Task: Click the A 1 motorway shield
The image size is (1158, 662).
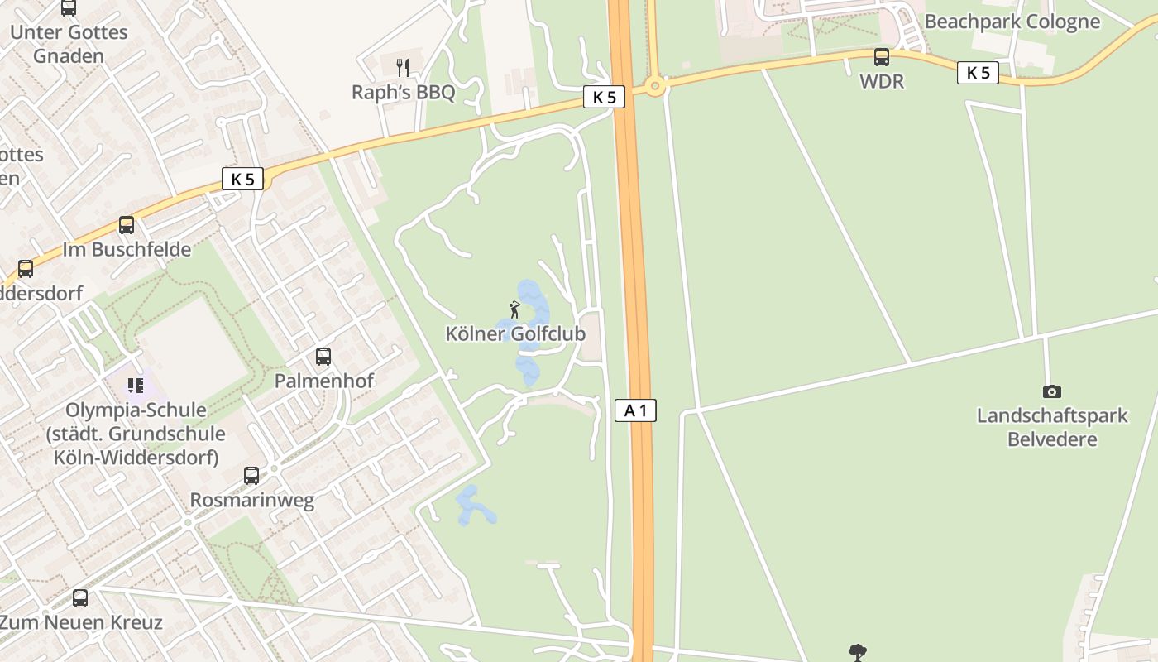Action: [635, 410]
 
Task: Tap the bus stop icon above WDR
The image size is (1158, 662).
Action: [882, 57]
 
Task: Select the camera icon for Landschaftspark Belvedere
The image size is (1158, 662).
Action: [1052, 391]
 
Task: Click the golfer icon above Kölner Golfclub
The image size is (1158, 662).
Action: [514, 310]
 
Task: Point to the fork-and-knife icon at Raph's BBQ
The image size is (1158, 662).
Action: [403, 68]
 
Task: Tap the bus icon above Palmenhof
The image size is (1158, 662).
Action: [323, 357]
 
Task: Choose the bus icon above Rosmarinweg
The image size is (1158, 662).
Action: [251, 476]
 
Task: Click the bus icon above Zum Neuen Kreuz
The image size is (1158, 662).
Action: [80, 597]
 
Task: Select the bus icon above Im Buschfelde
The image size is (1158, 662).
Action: [127, 225]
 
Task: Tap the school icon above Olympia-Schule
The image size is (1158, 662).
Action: [136, 386]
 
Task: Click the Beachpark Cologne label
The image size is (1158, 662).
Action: [1012, 22]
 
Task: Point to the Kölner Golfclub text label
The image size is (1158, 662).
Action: [515, 334]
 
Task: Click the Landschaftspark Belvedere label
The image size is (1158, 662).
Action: [1052, 427]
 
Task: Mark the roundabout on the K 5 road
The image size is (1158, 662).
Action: [656, 85]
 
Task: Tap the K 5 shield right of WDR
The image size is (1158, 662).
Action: [978, 73]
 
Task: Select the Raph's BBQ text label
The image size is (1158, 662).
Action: [404, 92]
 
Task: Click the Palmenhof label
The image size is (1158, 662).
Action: [324, 381]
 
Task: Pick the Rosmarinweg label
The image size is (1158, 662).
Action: [252, 500]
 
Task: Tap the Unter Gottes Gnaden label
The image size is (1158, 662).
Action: [69, 44]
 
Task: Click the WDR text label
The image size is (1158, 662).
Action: [882, 82]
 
